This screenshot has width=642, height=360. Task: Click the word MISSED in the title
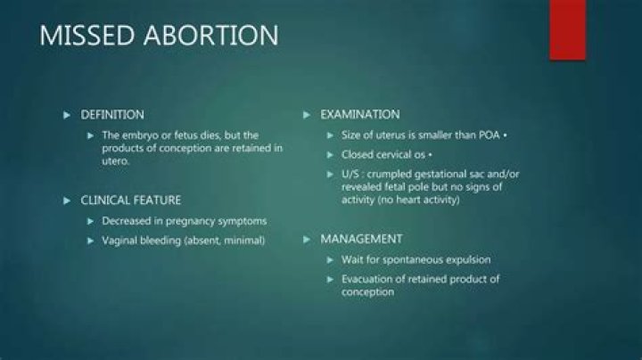point(86,35)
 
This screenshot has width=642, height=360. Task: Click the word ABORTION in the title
point(211,35)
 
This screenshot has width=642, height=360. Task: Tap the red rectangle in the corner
point(567,30)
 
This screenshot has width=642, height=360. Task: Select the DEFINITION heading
point(112,115)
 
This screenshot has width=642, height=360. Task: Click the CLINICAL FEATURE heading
point(130,200)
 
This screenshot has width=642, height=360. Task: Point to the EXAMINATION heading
point(360,115)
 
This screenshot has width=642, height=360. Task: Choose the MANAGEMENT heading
point(361,239)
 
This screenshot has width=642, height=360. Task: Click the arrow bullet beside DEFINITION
point(67,115)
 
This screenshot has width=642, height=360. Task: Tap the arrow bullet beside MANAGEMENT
point(306,240)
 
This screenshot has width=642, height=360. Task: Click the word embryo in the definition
point(136,135)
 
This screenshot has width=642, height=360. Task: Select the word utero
point(115,161)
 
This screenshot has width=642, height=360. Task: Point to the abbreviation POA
point(489,135)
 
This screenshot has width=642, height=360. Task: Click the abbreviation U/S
point(350,175)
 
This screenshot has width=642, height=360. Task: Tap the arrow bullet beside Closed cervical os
point(330,155)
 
